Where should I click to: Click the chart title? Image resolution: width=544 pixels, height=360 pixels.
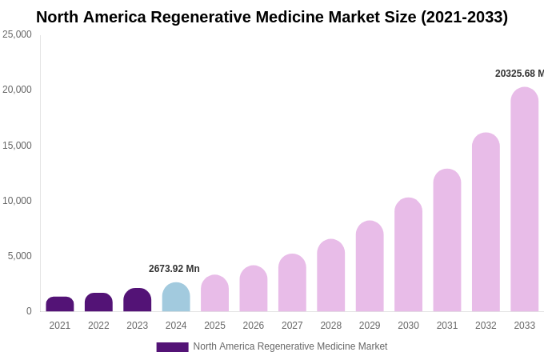(x=272, y=17)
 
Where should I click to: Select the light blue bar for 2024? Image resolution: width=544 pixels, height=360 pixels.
(x=176, y=298)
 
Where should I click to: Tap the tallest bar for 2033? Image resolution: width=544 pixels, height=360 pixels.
(x=524, y=200)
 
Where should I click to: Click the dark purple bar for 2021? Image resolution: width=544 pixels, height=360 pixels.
(x=60, y=305)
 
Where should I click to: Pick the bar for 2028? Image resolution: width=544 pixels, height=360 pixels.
(x=330, y=276)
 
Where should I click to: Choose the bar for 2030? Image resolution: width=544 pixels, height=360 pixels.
(x=408, y=255)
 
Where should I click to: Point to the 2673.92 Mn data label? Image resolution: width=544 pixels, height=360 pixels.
(x=174, y=269)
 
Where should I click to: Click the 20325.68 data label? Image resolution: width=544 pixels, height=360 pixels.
(x=519, y=74)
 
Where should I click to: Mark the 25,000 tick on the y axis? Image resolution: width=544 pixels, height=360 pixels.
(x=17, y=34)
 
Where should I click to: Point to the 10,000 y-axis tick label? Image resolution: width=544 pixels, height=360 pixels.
(x=17, y=201)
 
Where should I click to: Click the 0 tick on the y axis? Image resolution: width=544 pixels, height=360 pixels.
(x=29, y=311)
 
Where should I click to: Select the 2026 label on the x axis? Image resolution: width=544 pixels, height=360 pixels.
(x=253, y=326)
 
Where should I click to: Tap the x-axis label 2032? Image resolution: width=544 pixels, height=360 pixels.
(x=486, y=326)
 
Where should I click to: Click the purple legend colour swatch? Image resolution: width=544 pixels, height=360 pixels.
(x=172, y=347)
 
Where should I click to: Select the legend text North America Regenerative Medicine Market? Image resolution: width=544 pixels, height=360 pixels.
(x=290, y=346)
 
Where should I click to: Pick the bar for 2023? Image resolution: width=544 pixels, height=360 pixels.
(x=138, y=301)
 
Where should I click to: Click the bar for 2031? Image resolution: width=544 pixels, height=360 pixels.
(x=447, y=241)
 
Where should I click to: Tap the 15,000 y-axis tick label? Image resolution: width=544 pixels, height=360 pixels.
(x=17, y=146)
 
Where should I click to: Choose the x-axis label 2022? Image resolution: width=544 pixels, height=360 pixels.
(x=98, y=326)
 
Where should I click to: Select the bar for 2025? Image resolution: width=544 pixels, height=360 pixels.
(x=214, y=294)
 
